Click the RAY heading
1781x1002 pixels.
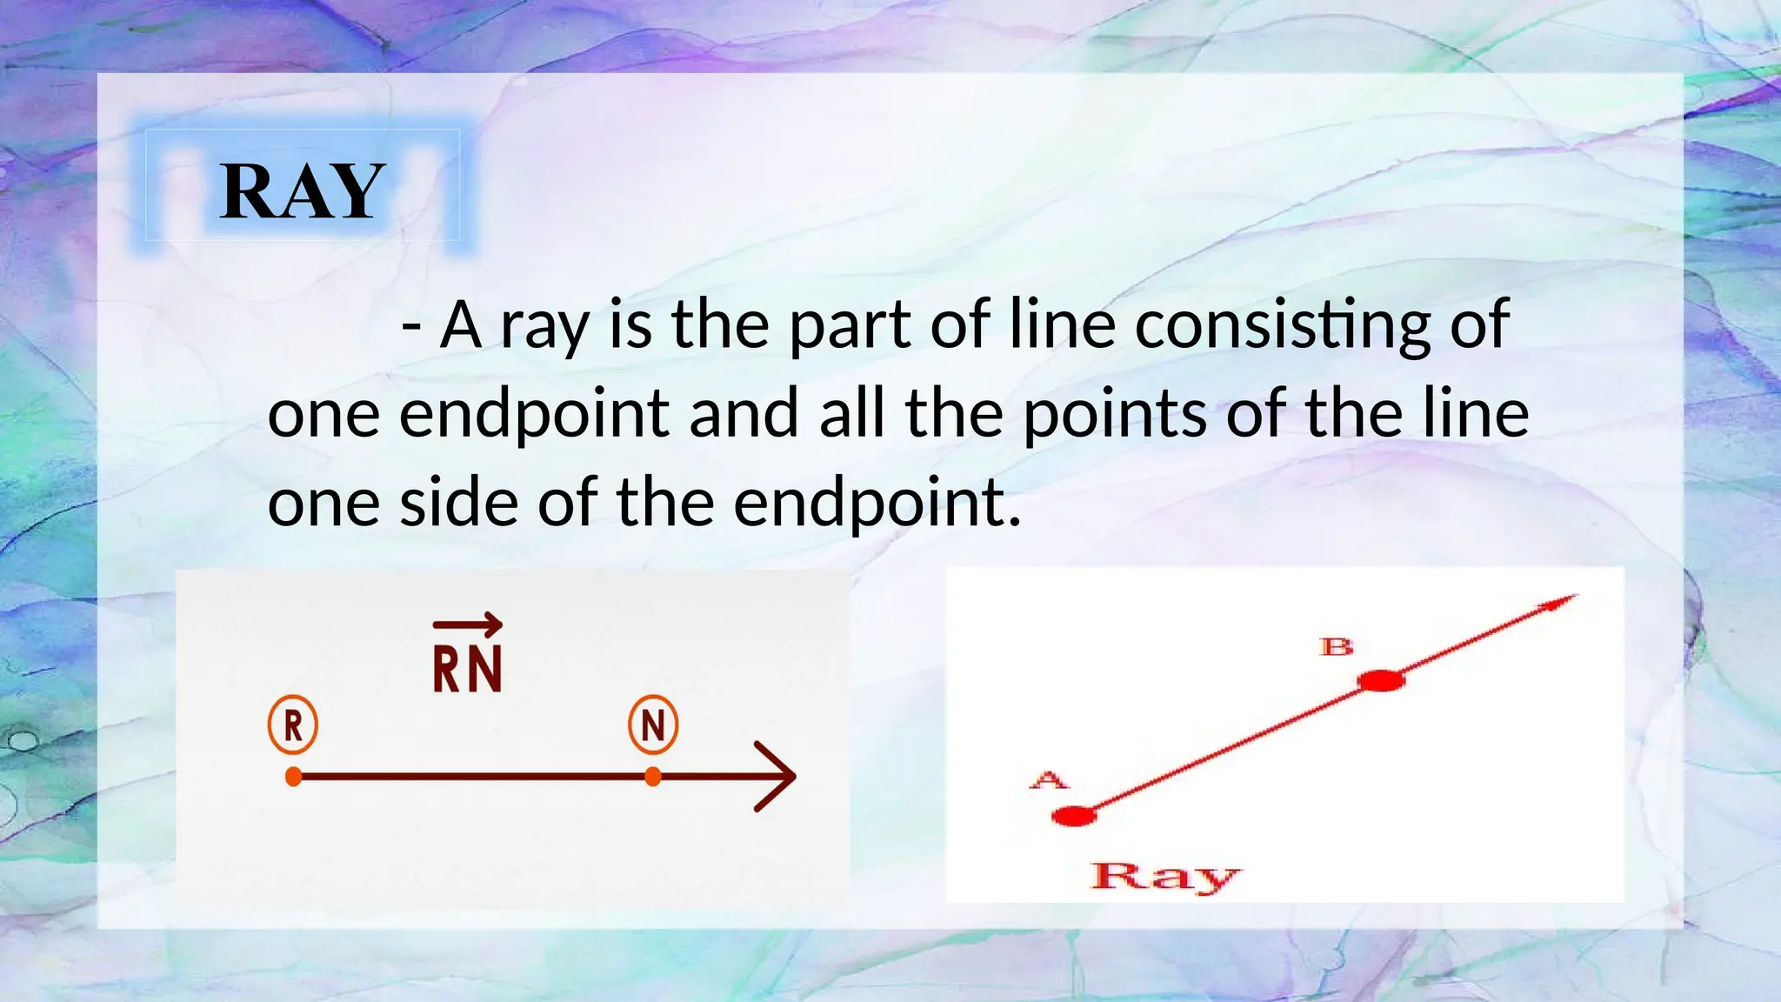click(302, 191)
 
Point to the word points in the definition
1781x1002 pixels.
click(1115, 414)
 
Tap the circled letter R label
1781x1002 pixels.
click(293, 725)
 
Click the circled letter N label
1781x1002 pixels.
click(653, 725)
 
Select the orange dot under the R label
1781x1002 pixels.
click(294, 777)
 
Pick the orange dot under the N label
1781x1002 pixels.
click(653, 777)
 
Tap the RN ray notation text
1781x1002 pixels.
click(468, 670)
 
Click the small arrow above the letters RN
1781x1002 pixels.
click(468, 623)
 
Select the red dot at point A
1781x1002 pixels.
click(1073, 816)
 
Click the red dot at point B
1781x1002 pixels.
click(1381, 680)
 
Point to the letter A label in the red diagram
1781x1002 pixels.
click(1049, 779)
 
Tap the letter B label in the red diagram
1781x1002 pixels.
click(1337, 646)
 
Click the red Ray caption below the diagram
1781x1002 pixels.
click(1165, 876)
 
